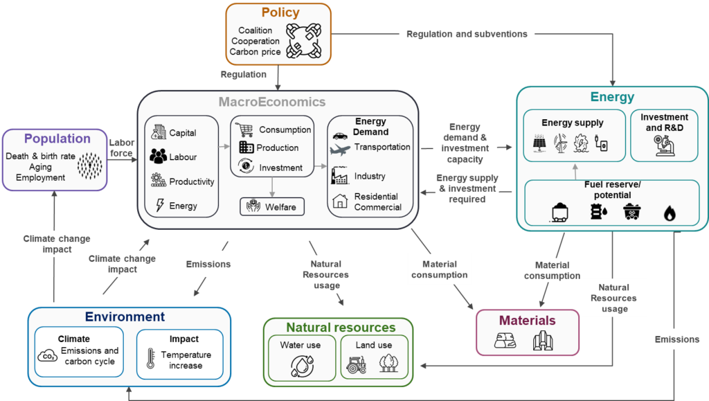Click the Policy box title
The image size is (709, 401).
click(280, 12)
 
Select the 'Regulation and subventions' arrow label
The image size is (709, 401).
click(467, 34)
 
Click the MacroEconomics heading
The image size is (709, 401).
click(271, 103)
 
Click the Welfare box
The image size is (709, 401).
click(272, 206)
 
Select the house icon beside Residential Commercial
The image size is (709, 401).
click(340, 202)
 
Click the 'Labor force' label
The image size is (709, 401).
click(122, 148)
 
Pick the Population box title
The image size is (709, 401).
click(58, 139)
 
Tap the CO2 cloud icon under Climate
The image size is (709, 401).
click(48, 355)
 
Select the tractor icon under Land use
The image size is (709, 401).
click(356, 366)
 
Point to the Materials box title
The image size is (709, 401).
click(528, 320)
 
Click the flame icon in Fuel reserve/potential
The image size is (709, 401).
click(669, 213)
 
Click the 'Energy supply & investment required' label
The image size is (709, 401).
click(467, 188)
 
